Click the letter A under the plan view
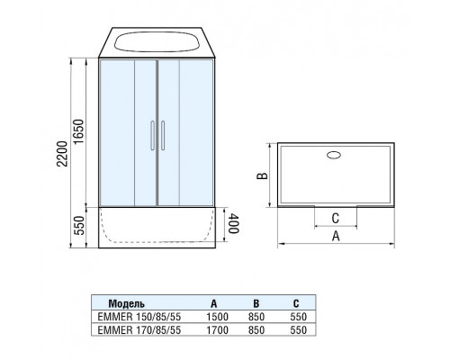pos(336,237)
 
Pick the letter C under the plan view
pos(336,216)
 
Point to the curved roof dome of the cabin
pos(157,42)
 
